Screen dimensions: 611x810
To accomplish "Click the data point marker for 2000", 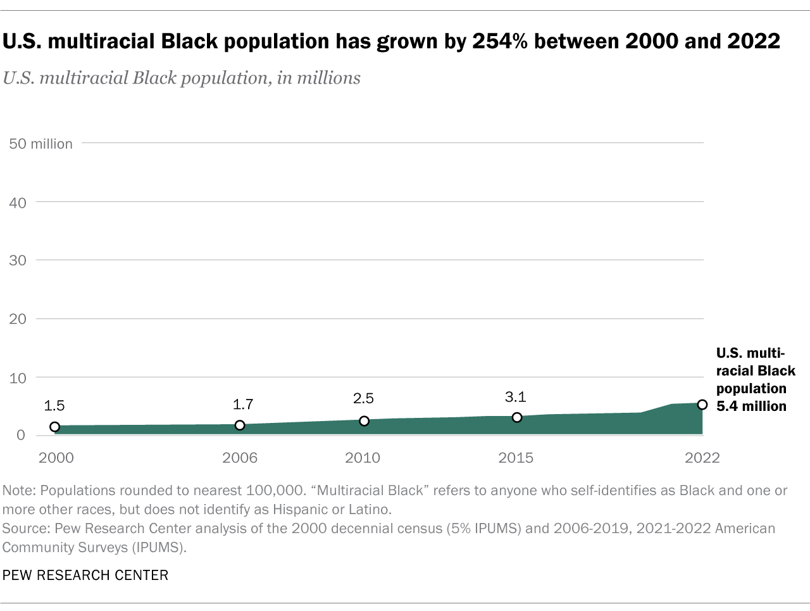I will pos(55,427).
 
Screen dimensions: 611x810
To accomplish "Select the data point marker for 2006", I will pos(240,425).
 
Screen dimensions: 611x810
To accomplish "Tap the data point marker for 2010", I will pos(364,421).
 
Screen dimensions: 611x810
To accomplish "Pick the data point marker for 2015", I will pos(517,417).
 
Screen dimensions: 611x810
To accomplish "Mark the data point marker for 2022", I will pos(702,405).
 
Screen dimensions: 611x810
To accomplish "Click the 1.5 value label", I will pos(54,406).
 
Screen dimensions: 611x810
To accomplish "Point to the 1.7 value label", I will pos(243,404).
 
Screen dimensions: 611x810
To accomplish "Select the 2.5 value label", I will pos(363,398).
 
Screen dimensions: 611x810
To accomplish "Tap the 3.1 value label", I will pos(516,397).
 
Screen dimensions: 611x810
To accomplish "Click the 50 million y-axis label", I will pos(40,144).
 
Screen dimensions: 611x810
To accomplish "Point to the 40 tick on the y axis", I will pos(18,203).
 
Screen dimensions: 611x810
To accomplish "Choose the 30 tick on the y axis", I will pos(18,260).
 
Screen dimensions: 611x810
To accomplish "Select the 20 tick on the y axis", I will pos(18,319).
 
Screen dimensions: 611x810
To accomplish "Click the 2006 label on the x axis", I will pos(240,458).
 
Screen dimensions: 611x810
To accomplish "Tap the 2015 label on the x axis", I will pos(516,458).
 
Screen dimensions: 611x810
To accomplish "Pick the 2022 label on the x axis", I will pos(702,458).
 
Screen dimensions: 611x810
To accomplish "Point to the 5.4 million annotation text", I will pos(751,406).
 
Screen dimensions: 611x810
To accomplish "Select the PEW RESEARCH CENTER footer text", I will pos(85,575).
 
